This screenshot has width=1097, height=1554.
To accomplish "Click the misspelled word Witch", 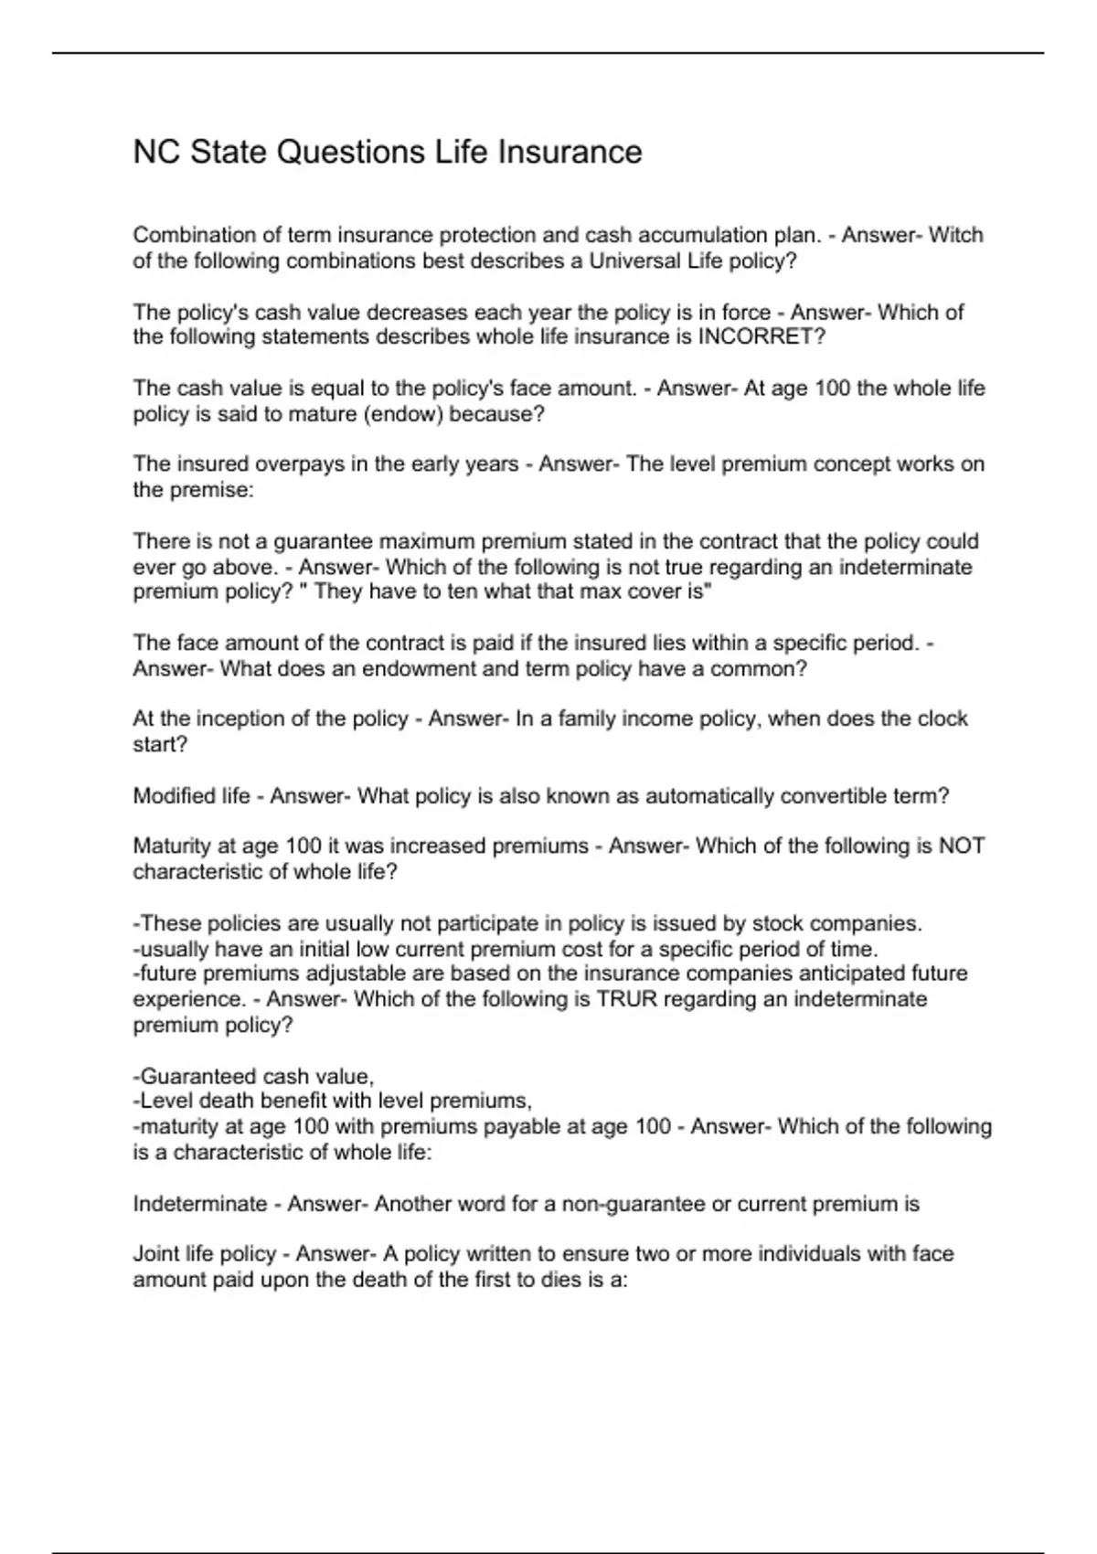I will tap(956, 235).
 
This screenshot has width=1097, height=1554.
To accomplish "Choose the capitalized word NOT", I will tap(962, 846).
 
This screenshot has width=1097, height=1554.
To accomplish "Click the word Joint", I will tap(154, 1254).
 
